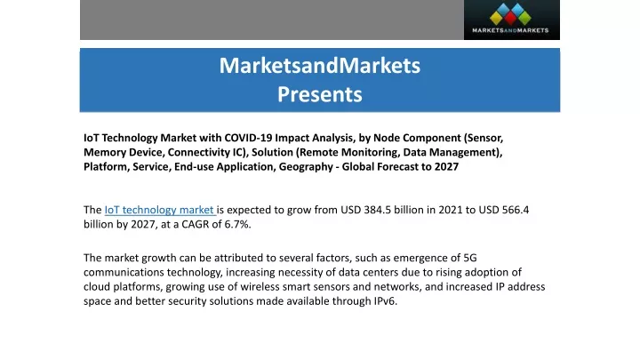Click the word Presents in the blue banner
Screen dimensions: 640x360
[320, 94]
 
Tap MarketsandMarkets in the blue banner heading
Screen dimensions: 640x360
[320, 65]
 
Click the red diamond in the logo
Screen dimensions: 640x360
[510, 18]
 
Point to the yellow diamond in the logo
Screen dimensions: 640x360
[496, 18]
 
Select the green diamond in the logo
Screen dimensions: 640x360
[524, 18]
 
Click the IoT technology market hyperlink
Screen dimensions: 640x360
[159, 210]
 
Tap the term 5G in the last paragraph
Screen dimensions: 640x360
[470, 258]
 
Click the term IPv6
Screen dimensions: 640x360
[385, 301]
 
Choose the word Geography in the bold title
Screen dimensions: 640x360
[306, 167]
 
